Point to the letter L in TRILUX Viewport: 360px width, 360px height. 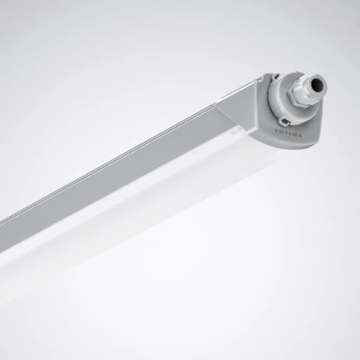[x=291, y=133]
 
